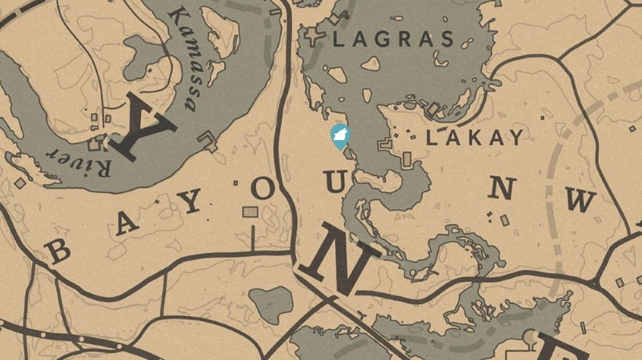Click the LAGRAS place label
394,39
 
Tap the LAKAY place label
474,139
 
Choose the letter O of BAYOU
262,188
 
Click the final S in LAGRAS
447,39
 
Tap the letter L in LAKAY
431,139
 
